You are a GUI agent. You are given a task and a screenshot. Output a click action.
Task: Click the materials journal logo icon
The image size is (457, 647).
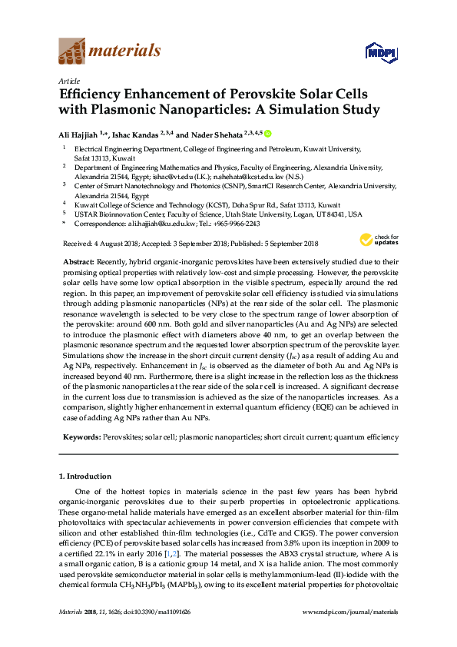[x=71, y=51]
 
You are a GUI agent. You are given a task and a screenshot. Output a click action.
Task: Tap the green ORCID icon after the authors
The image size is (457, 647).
[x=268, y=133]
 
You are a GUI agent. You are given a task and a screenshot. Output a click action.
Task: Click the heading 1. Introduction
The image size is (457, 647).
[x=87, y=477]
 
